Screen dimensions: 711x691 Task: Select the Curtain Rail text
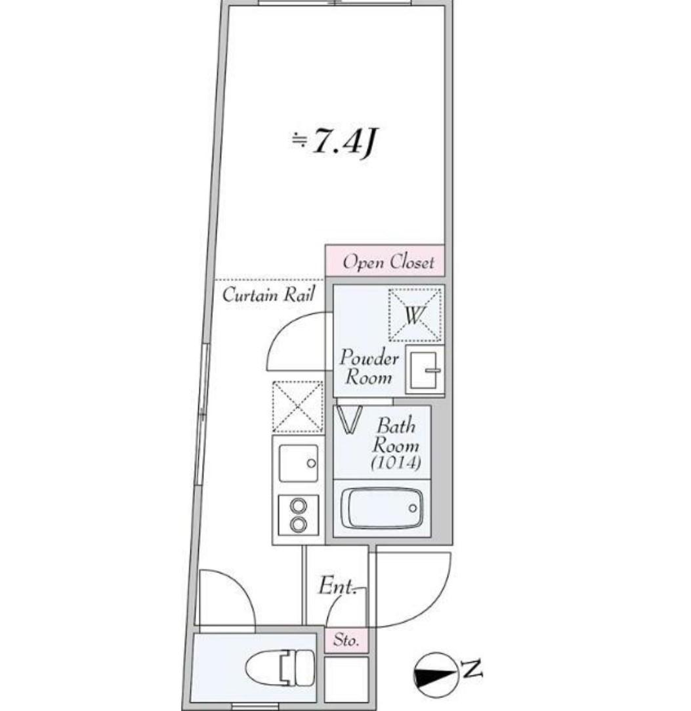(x=268, y=294)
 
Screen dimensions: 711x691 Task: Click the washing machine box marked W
(x=414, y=315)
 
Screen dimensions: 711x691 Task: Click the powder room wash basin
(x=424, y=371)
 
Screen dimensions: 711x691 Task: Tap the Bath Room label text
(x=396, y=435)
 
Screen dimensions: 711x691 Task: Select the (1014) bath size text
(x=395, y=463)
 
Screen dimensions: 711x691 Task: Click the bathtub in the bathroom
(x=383, y=508)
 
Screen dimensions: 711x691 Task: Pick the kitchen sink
(x=298, y=463)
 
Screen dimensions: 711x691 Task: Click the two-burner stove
(x=299, y=516)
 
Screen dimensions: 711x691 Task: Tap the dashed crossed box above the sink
(x=298, y=406)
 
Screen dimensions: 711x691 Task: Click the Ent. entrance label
(x=337, y=586)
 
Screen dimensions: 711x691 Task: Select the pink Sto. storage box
(x=346, y=640)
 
